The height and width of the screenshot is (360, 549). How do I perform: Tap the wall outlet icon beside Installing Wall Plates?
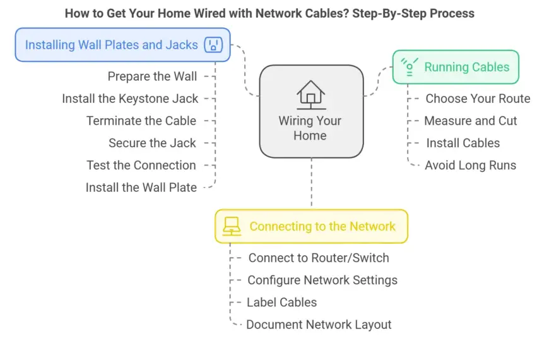[x=213, y=45]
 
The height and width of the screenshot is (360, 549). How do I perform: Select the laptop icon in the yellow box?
[x=232, y=226]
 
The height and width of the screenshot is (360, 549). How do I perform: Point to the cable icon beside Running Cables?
[x=410, y=67]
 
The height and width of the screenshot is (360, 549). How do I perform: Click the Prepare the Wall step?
[x=152, y=76]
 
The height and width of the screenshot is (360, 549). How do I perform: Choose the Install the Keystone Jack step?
[x=130, y=99]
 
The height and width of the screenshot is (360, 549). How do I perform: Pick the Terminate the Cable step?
[x=141, y=121]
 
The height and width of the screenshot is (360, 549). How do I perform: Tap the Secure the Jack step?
[x=152, y=143]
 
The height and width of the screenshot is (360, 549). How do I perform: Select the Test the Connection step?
[x=141, y=165]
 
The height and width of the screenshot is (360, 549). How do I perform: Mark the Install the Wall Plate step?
[x=141, y=187]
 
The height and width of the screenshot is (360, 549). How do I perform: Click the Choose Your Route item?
[x=478, y=99]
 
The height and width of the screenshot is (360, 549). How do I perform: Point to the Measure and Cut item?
[x=471, y=121]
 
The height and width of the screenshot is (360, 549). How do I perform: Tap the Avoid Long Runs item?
[x=470, y=165]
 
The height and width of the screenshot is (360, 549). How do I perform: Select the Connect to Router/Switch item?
[x=319, y=258]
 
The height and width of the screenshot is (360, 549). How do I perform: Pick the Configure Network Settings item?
[x=322, y=280]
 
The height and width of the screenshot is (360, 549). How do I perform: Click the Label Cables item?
[x=281, y=302]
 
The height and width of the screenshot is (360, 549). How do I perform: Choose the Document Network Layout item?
[x=319, y=325]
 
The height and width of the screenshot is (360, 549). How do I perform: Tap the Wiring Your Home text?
[x=310, y=128]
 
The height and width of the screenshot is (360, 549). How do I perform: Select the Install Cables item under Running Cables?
[x=463, y=143]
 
